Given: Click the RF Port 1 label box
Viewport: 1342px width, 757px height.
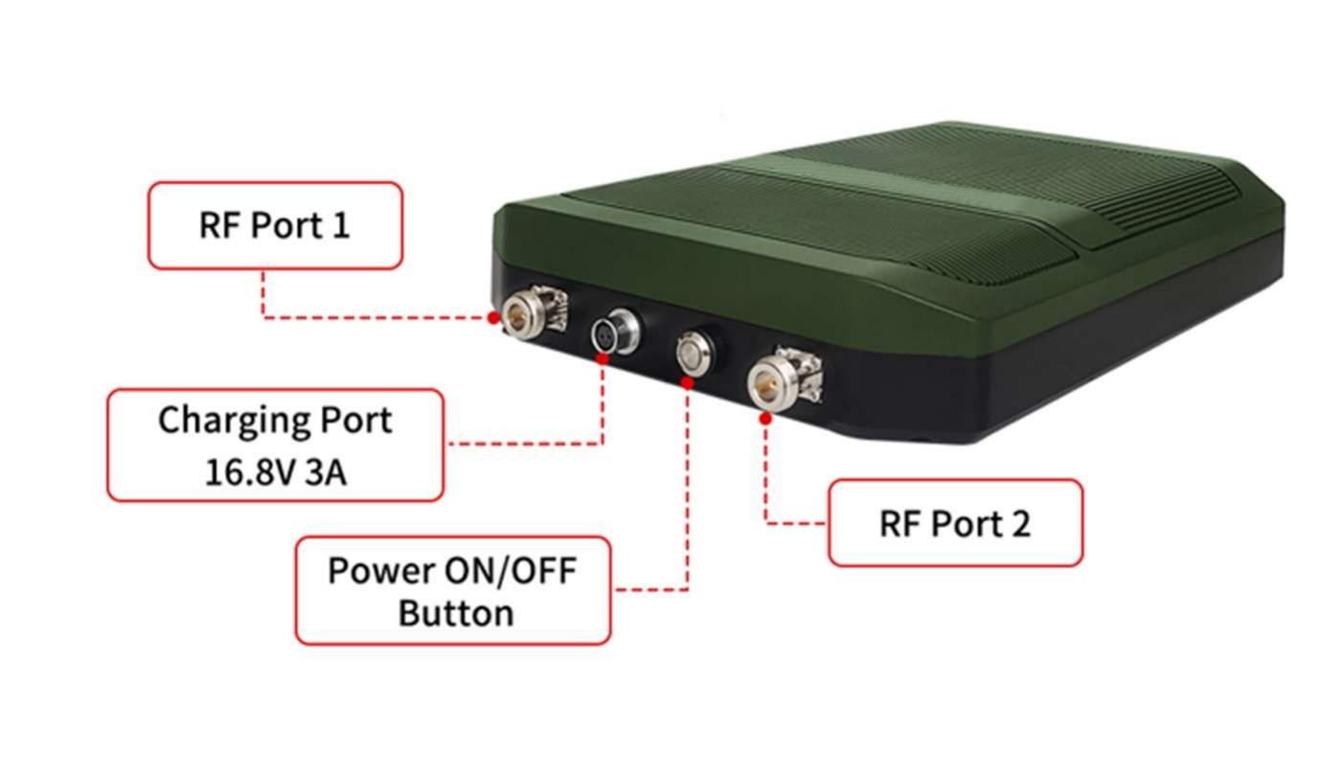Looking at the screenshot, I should click(x=275, y=225).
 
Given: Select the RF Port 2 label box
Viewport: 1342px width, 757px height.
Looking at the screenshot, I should click(x=955, y=523).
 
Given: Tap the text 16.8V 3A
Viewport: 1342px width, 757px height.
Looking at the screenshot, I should click(x=275, y=472).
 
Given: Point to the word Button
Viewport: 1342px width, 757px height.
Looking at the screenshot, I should click(x=455, y=612).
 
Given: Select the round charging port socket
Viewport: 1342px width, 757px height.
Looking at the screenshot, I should click(x=611, y=332).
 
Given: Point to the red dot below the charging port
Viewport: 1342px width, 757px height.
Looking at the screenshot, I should click(x=602, y=358).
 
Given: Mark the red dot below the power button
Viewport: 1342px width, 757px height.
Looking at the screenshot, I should click(x=687, y=382).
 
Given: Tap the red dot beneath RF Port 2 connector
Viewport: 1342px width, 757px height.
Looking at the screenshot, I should click(x=765, y=418).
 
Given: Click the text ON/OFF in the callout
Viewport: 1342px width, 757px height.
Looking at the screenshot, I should click(x=511, y=570).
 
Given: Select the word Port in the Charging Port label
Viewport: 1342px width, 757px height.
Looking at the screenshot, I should click(x=343, y=421).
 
